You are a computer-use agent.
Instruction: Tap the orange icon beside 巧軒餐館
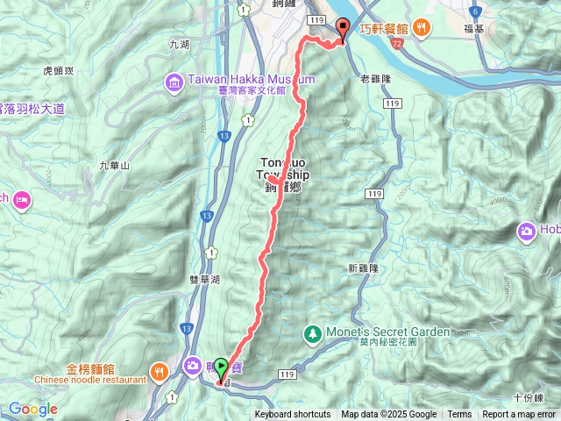422,26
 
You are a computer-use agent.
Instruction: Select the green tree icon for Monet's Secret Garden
311,333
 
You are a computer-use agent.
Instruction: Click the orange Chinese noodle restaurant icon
158,370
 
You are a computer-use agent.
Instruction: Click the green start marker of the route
221,369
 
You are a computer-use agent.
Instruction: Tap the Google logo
33,409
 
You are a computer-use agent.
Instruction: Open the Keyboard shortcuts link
293,415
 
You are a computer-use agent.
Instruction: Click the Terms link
459,415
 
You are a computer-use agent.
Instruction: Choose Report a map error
519,415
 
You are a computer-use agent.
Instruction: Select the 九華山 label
114,165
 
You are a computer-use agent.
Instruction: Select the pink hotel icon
22,198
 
